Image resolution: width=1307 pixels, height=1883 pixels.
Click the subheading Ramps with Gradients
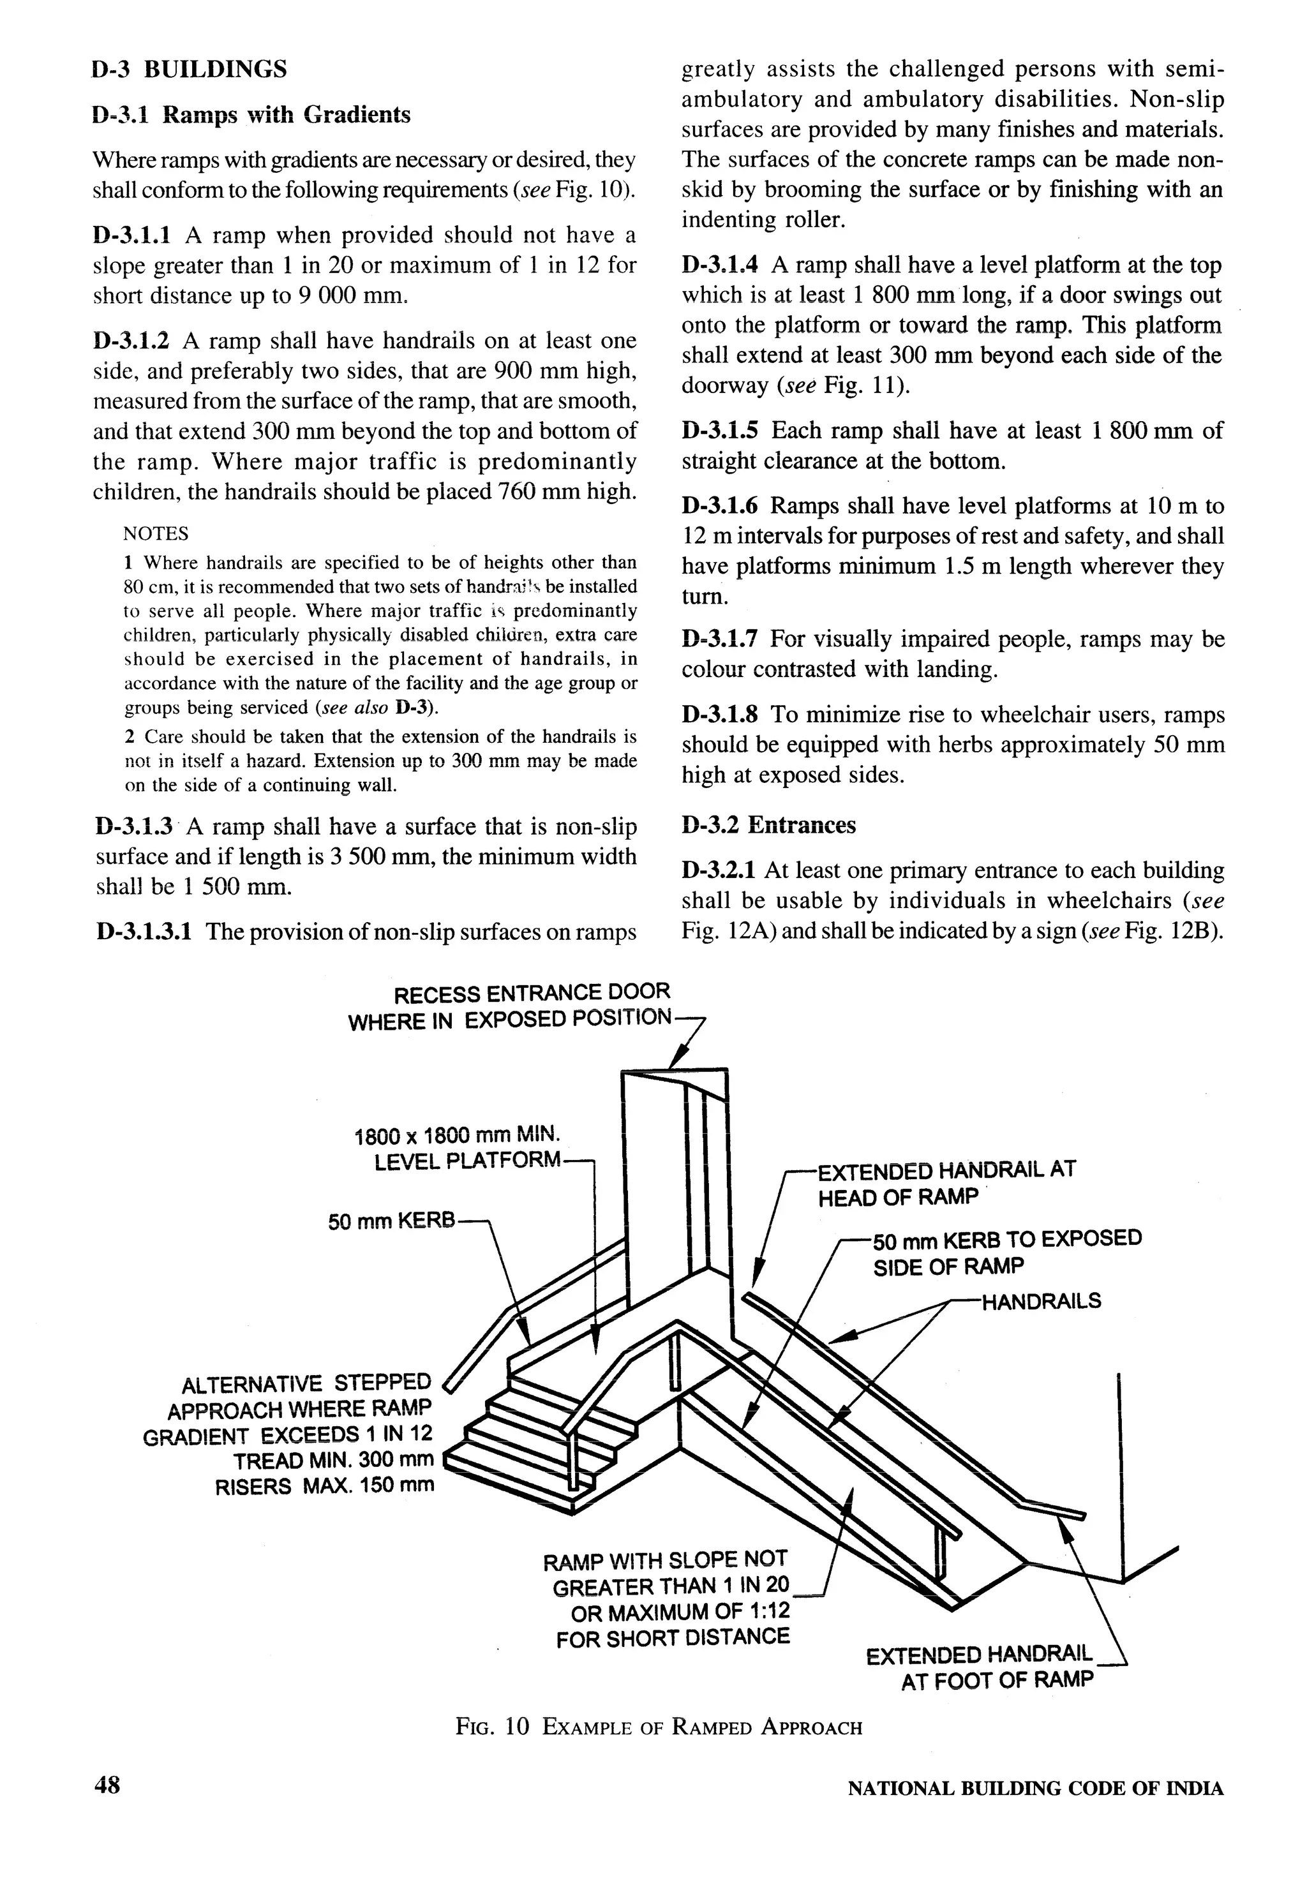(x=251, y=115)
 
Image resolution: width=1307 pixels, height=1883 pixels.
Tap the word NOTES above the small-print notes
(x=156, y=534)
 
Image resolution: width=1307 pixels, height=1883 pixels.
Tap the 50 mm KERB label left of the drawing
(x=391, y=1221)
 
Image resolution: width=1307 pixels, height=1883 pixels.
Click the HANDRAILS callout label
(x=1041, y=1301)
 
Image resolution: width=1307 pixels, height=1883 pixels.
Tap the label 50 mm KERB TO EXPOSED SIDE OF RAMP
(x=1006, y=1252)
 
